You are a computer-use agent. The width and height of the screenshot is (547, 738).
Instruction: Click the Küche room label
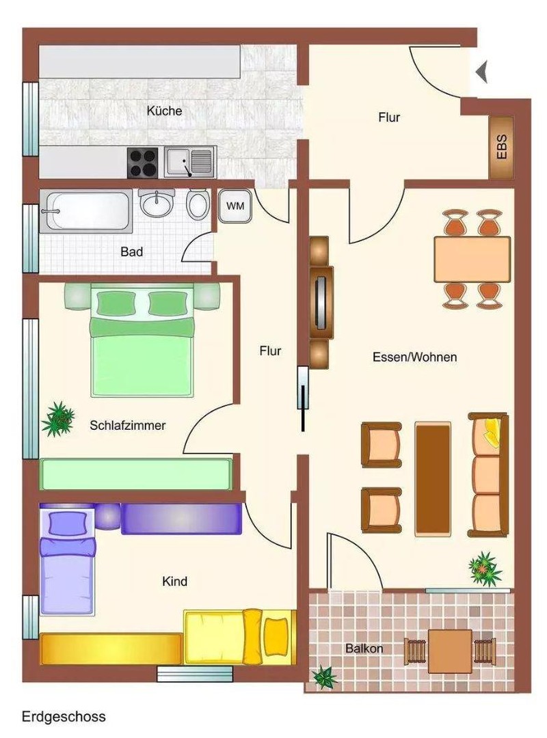pyautogui.click(x=164, y=110)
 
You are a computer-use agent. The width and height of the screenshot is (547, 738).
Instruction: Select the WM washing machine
pyautogui.click(x=235, y=205)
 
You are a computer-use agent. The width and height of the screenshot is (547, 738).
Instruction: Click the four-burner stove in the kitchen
pyautogui.click(x=143, y=163)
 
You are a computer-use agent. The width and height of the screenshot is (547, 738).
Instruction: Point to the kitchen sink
pyautogui.click(x=189, y=163)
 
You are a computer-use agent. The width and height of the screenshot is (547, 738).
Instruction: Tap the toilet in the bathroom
pyautogui.click(x=198, y=203)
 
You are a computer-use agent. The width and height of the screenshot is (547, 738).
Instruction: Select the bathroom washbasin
pyautogui.click(x=157, y=202)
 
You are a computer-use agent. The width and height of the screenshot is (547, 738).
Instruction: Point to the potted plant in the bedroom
pyautogui.click(x=58, y=419)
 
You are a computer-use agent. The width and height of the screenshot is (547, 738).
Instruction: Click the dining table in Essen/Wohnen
pyautogui.click(x=472, y=259)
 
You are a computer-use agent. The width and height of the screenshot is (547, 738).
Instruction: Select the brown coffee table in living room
pyautogui.click(x=433, y=477)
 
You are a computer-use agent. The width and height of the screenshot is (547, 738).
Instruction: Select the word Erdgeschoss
pyautogui.click(x=64, y=717)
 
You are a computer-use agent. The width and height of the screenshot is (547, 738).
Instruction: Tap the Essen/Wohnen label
pyautogui.click(x=414, y=357)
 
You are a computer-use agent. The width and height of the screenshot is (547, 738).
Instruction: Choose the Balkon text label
pyautogui.click(x=364, y=648)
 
